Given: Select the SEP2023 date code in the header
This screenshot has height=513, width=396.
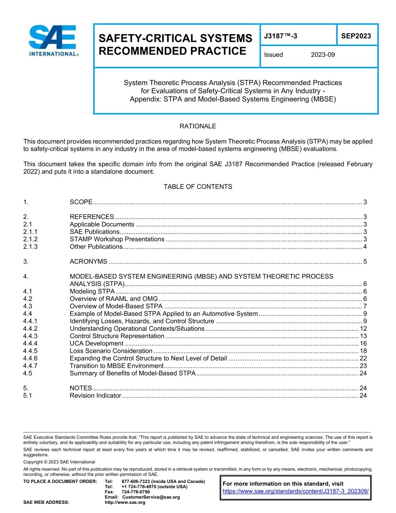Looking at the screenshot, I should (356, 36).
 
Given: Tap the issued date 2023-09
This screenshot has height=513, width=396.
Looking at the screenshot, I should (323, 55).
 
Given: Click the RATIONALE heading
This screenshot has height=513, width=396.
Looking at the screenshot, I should (198, 126).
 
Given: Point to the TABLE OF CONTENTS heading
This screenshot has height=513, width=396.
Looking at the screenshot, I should (198, 186).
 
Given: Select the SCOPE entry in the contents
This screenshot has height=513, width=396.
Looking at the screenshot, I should (81, 202).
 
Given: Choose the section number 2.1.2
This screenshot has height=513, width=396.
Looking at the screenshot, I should (30, 239).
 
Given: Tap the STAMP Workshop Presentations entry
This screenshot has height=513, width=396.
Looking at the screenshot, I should (117, 239).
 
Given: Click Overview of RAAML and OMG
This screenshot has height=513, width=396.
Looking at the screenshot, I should (114, 299).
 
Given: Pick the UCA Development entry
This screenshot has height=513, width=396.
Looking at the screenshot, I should (96, 343).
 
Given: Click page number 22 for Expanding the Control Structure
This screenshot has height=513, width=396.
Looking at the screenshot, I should (363, 358).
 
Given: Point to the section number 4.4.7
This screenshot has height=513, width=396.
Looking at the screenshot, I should (30, 366).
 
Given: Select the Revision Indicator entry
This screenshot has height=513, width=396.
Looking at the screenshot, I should (95, 395).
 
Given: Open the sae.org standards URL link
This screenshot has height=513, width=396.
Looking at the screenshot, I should (296, 491).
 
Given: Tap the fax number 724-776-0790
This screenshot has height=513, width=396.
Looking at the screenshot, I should (135, 492).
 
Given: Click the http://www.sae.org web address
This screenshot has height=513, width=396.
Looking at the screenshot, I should (125, 503).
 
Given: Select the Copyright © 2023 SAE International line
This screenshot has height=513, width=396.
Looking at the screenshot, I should (59, 462).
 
